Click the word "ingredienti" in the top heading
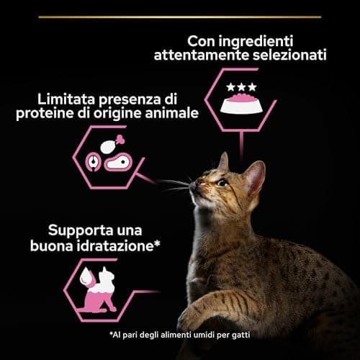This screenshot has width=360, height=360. pos(269,42)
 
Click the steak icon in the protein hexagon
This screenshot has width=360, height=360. pos(117,164)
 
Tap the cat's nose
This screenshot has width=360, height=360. pos(194,187)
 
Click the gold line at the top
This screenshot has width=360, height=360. pos(180,16)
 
